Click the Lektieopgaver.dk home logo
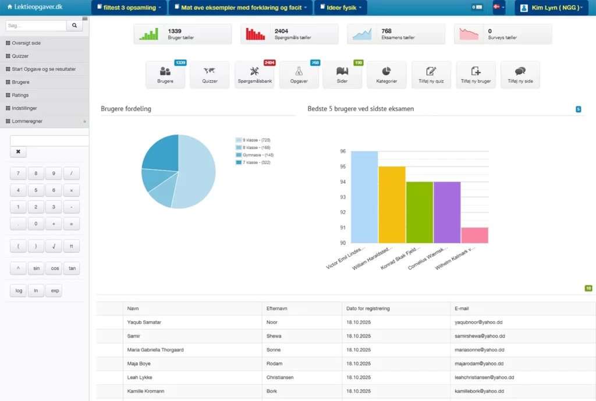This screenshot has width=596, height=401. (x=35, y=7)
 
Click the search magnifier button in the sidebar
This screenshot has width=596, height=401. (x=74, y=26)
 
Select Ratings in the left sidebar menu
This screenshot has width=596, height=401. (x=20, y=95)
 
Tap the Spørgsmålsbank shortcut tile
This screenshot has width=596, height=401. (x=254, y=74)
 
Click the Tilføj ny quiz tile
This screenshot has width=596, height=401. (x=431, y=74)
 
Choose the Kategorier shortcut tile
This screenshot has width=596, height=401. (x=386, y=74)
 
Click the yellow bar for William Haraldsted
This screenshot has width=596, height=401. (x=392, y=204)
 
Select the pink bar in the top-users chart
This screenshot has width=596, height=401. (x=474, y=235)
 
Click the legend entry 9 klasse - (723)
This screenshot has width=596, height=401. (x=253, y=140)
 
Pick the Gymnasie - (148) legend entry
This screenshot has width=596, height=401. (x=254, y=155)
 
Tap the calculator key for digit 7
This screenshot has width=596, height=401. (x=18, y=173)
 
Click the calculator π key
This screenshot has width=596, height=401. (x=71, y=246)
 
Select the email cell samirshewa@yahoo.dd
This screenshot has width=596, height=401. (x=480, y=336)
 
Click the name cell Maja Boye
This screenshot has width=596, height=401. (x=139, y=364)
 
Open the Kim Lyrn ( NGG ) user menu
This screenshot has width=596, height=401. (x=551, y=8)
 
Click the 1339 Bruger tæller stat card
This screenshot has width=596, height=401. (x=182, y=34)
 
